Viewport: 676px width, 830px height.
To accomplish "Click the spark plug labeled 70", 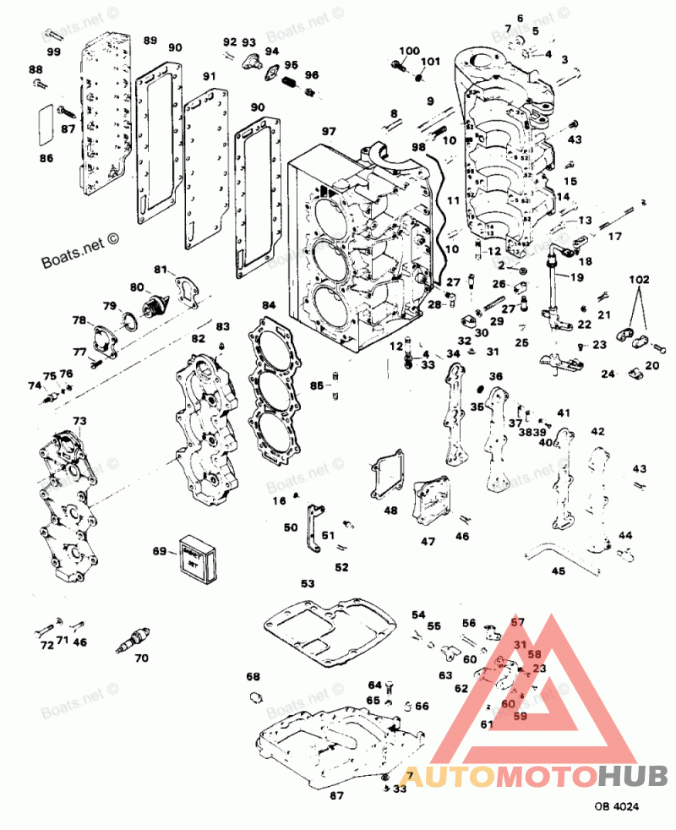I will click(131, 642).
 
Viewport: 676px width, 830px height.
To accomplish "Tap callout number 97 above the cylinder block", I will click(328, 132).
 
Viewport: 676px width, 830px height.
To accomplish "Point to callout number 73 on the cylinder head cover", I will click(79, 420).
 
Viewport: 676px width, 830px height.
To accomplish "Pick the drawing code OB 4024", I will click(616, 807).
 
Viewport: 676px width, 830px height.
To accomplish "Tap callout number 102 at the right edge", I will click(640, 277).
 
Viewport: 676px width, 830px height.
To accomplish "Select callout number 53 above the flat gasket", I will click(308, 583).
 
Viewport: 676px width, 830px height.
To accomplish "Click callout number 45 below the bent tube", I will click(558, 571).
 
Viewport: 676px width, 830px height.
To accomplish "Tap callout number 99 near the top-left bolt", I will click(54, 52).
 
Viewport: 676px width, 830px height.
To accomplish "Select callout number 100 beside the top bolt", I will click(409, 51).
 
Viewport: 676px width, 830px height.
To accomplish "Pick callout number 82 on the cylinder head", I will click(198, 339).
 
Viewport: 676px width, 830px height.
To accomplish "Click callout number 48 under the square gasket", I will click(390, 511).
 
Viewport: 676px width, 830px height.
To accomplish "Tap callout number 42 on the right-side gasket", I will click(597, 431).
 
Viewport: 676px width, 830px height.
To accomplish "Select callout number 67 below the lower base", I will click(335, 795).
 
